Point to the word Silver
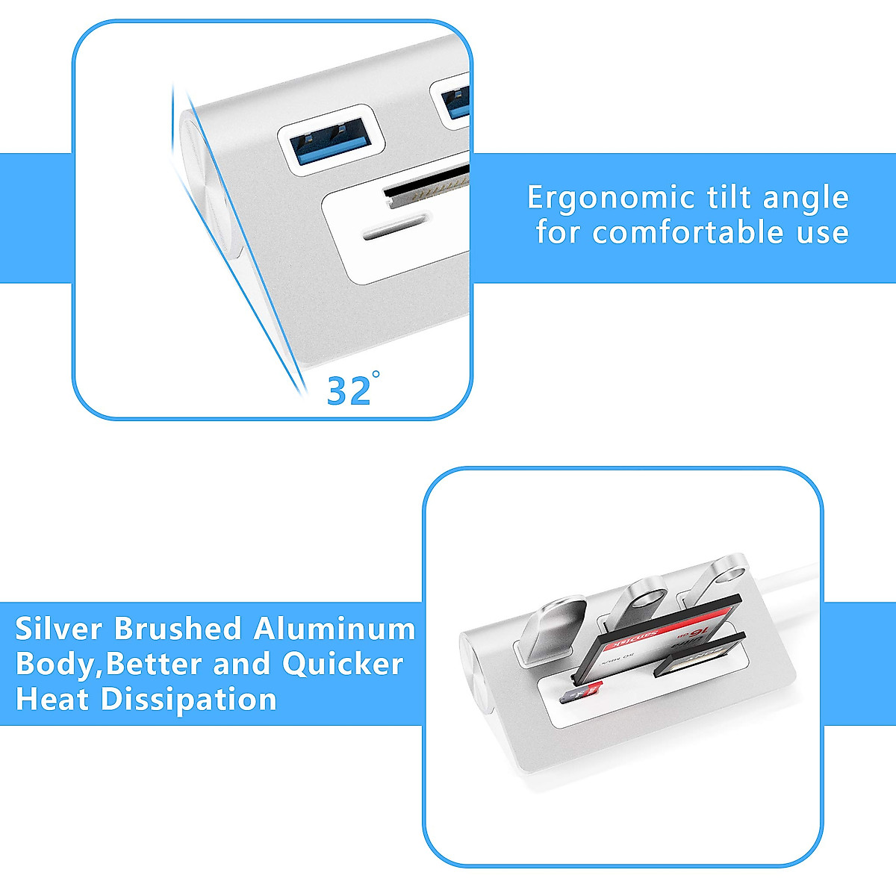pyautogui.click(x=58, y=629)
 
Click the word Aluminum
pyautogui.click(x=335, y=629)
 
